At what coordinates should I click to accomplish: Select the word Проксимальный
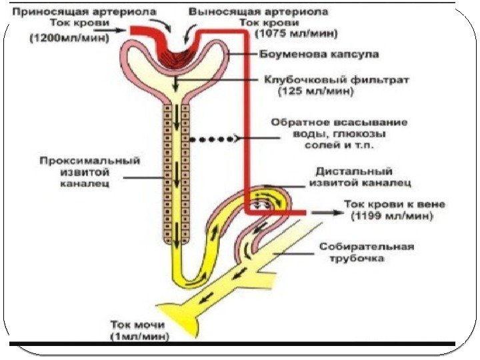pos(89,161)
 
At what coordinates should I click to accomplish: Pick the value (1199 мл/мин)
pos(392,216)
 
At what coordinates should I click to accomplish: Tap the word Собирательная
pos(366,246)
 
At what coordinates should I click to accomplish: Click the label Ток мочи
pos(137,326)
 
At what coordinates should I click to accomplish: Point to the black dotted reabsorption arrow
pos(212,139)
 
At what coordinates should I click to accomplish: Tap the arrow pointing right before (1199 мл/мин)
pos(325,213)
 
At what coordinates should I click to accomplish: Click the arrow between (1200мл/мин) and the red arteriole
pos(115,30)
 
